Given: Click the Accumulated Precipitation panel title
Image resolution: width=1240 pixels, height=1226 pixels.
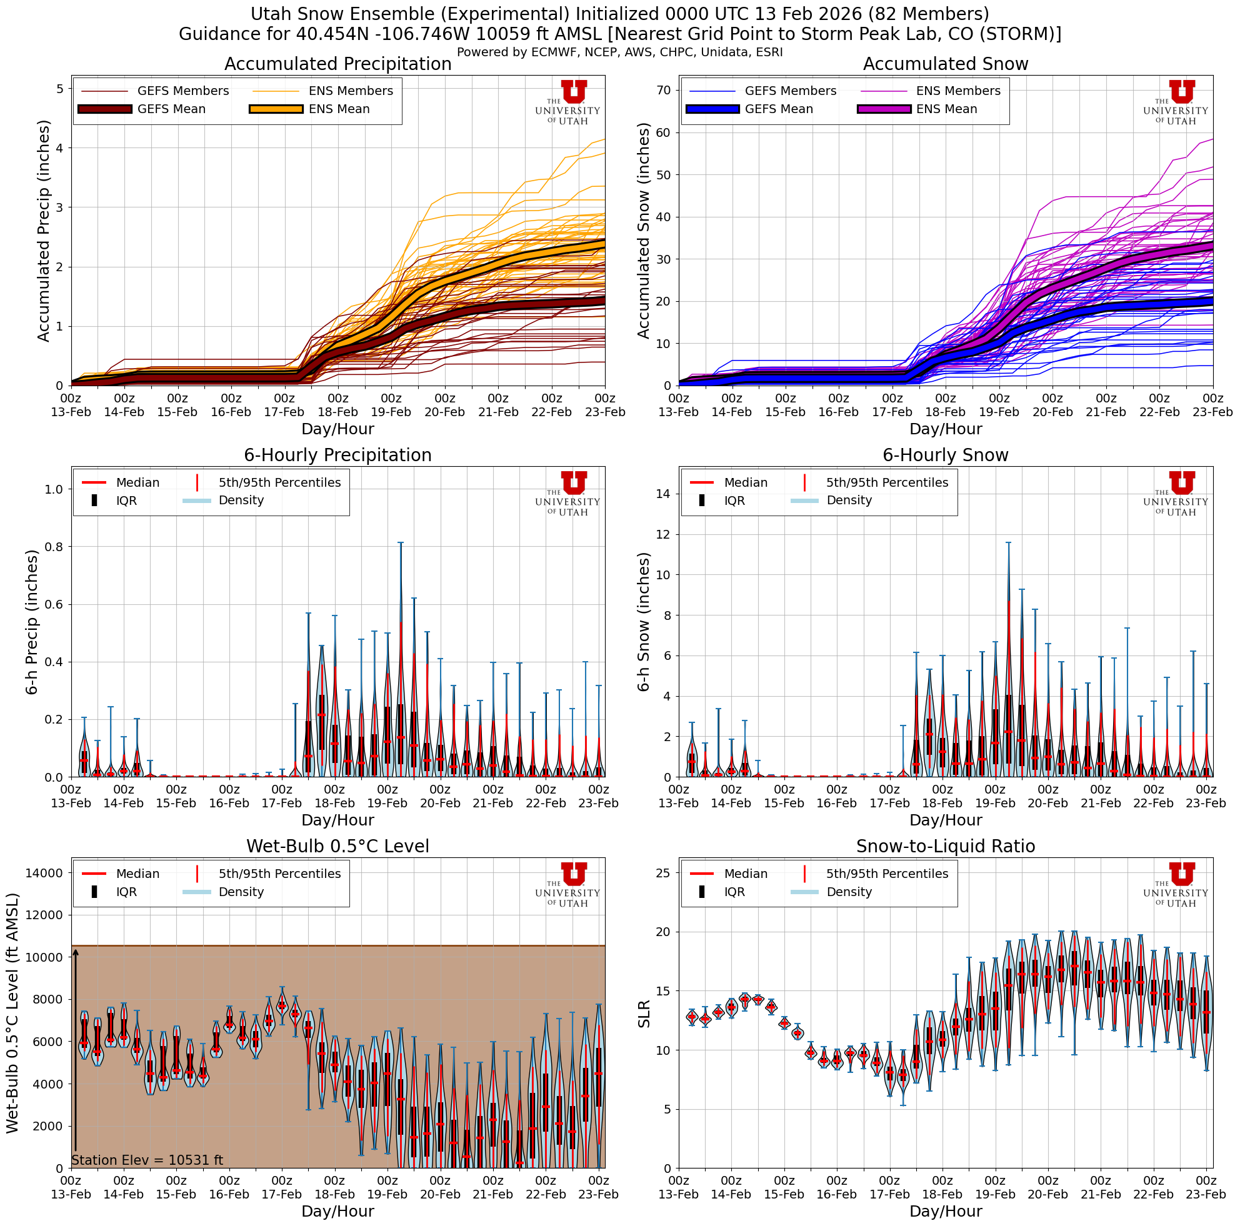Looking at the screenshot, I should point(337,64).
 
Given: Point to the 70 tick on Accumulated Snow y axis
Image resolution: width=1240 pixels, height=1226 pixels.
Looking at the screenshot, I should point(664,91).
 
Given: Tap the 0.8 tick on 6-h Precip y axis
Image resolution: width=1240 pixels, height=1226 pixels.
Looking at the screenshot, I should point(54,547).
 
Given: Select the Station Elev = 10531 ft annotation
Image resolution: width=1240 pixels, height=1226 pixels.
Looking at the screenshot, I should point(147,1160).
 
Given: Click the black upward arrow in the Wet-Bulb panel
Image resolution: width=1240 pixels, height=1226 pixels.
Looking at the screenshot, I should point(75,1052).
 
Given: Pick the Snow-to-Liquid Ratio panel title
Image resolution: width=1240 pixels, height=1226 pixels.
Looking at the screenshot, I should point(946,846).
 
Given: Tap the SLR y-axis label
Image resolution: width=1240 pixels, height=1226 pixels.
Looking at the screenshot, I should point(644,1014).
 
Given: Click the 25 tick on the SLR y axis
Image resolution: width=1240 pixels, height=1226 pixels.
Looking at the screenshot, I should point(664,872).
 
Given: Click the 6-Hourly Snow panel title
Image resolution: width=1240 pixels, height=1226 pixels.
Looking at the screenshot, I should point(946,455).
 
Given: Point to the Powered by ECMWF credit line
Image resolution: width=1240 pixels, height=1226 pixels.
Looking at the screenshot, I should point(619,52).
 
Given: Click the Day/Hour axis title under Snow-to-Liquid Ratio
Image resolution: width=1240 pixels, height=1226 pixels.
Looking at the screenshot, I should point(946,1210).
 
